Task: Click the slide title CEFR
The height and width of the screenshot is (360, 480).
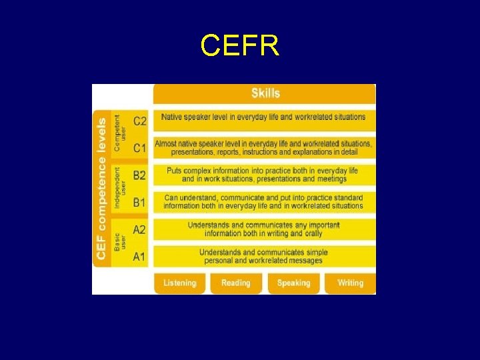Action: click(239, 46)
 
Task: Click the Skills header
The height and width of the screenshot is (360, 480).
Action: click(265, 93)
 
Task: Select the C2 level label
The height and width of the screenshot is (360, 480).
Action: click(140, 121)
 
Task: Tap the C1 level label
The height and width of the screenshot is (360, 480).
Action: click(140, 147)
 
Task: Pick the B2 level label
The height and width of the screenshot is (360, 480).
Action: click(139, 175)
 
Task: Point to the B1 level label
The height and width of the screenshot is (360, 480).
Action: click(139, 202)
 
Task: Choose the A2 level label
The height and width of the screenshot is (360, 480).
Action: click(139, 230)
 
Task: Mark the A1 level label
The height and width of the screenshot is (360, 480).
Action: click(139, 257)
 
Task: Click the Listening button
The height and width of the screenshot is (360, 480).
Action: click(180, 283)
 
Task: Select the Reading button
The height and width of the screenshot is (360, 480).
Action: click(236, 283)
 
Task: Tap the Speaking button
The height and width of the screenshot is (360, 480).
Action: click(293, 283)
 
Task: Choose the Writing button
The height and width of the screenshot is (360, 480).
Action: click(350, 283)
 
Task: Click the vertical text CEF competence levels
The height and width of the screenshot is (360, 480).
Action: click(102, 189)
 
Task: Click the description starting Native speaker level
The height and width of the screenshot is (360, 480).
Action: click(263, 117)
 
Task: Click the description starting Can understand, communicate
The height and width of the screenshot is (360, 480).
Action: click(263, 202)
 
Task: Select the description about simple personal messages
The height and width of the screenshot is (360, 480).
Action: click(263, 257)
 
